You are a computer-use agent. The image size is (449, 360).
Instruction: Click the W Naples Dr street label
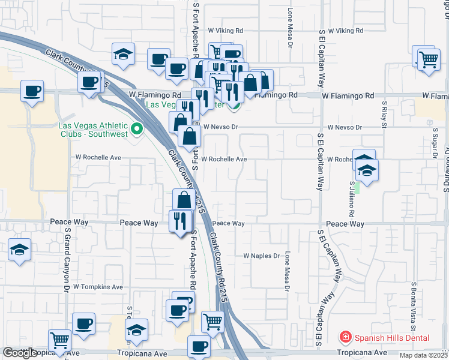point(261,256)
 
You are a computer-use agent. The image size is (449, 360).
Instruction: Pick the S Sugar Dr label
point(432,140)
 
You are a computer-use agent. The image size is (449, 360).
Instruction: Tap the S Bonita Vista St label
point(414,306)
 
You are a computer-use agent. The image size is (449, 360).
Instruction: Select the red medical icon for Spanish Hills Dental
point(345,337)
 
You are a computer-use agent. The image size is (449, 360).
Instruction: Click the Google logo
point(20,353)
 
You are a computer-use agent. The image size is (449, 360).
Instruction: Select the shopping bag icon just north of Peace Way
point(184,200)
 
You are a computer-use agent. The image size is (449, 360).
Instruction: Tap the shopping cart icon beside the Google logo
point(60,341)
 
